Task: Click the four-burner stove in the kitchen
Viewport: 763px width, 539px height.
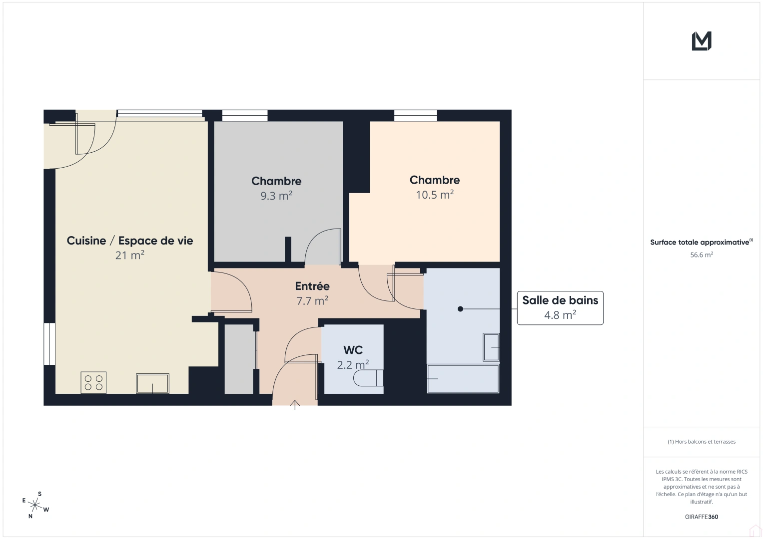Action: point(93,383)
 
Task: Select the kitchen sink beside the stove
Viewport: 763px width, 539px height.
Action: point(152,383)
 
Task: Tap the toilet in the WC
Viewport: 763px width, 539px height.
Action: point(368,378)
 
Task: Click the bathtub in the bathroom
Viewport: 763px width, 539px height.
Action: point(463,379)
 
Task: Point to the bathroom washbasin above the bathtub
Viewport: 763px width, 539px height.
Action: point(491,347)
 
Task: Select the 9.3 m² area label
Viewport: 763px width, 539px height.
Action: point(276,196)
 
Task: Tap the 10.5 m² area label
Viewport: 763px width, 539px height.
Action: point(435,195)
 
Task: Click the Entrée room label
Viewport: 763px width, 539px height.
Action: point(312,286)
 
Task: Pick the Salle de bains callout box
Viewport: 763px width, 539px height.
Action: point(560,307)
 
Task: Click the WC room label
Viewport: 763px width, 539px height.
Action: point(353,350)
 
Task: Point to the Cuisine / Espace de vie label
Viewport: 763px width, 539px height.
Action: point(130,241)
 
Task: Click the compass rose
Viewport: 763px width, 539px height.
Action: point(35,505)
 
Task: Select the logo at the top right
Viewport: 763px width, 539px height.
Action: point(702,41)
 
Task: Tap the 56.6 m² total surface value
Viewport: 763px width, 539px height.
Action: point(702,255)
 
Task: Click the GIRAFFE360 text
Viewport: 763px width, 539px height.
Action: point(702,517)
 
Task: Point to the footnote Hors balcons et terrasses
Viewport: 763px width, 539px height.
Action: point(702,442)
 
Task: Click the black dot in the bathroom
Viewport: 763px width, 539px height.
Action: point(461,309)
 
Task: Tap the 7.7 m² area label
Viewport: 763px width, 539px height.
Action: point(312,301)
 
